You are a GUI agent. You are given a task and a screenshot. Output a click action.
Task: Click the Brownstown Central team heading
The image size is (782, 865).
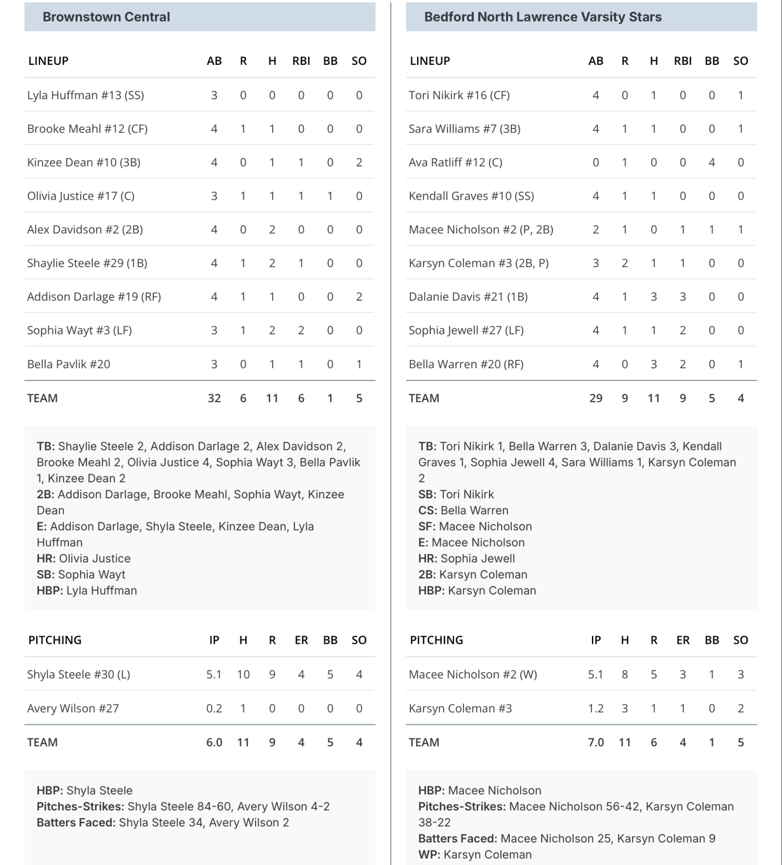pos(106,17)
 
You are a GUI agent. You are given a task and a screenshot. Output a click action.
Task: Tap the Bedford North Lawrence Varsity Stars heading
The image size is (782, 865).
pos(542,17)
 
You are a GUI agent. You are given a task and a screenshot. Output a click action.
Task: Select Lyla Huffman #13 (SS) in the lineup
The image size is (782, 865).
pos(85,95)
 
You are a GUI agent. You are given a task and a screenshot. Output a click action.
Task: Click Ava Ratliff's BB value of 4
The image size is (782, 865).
pos(711,163)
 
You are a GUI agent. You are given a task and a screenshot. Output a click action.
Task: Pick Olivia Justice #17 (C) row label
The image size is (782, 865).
pos(81,196)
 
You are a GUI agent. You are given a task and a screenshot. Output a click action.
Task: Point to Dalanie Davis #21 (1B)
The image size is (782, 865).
pos(468,297)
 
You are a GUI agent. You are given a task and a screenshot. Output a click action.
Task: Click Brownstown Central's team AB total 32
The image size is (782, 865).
pos(214,398)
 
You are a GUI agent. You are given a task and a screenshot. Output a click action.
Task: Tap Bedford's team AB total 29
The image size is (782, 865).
pos(596,398)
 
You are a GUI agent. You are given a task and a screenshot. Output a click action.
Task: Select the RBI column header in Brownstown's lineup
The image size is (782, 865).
pos(301,61)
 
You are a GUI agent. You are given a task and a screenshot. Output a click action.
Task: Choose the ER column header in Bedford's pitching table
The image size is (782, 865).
pos(683,640)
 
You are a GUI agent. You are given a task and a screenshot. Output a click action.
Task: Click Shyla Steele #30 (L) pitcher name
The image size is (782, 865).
pos(78,674)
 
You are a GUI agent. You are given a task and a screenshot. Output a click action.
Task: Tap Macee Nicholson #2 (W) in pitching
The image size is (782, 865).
pos(472,674)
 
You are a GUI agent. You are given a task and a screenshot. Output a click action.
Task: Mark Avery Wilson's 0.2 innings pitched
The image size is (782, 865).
pos(214,709)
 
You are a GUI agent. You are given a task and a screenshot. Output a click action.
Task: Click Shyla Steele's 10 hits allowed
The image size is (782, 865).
pos(243,674)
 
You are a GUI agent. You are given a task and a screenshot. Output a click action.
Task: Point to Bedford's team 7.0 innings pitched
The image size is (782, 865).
pos(596,742)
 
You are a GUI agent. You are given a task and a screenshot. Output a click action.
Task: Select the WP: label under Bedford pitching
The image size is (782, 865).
pos(429,855)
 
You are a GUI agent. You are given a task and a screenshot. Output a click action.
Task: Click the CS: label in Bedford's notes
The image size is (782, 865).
pos(428,510)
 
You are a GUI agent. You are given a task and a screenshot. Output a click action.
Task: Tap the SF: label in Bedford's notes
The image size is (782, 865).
pos(427,526)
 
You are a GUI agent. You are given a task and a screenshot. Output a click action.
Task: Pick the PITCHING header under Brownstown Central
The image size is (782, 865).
pos(55,640)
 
